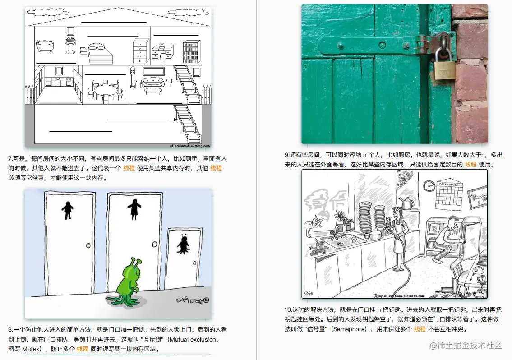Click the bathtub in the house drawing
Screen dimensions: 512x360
[45, 46]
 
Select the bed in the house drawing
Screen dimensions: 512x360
[100, 54]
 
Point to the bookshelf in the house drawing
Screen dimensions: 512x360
[191, 51]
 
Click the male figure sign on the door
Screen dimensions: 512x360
[68, 210]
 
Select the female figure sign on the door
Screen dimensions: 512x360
[134, 209]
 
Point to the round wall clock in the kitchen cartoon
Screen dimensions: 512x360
[429, 186]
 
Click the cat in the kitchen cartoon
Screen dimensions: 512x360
[314, 224]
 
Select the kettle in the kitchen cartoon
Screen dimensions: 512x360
[407, 203]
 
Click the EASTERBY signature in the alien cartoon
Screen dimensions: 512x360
[193, 300]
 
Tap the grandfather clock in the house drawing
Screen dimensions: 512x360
[133, 77]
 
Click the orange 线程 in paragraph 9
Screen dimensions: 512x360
[470, 164]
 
